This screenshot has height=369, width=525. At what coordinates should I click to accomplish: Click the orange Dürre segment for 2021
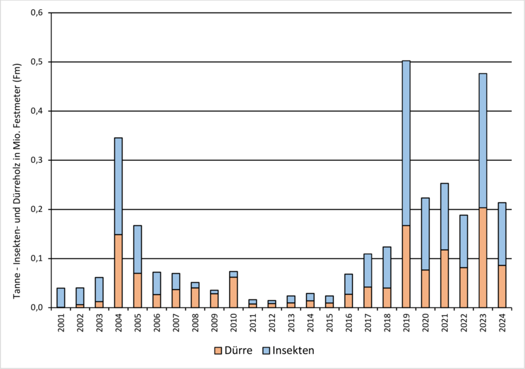(x=444, y=278)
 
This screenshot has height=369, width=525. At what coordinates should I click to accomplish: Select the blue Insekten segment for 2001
(x=61, y=297)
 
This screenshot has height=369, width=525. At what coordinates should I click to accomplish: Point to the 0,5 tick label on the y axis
(x=35, y=62)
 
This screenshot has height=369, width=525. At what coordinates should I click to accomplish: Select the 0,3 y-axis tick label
(x=35, y=160)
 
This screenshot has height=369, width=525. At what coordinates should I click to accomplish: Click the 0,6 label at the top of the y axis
(x=35, y=13)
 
